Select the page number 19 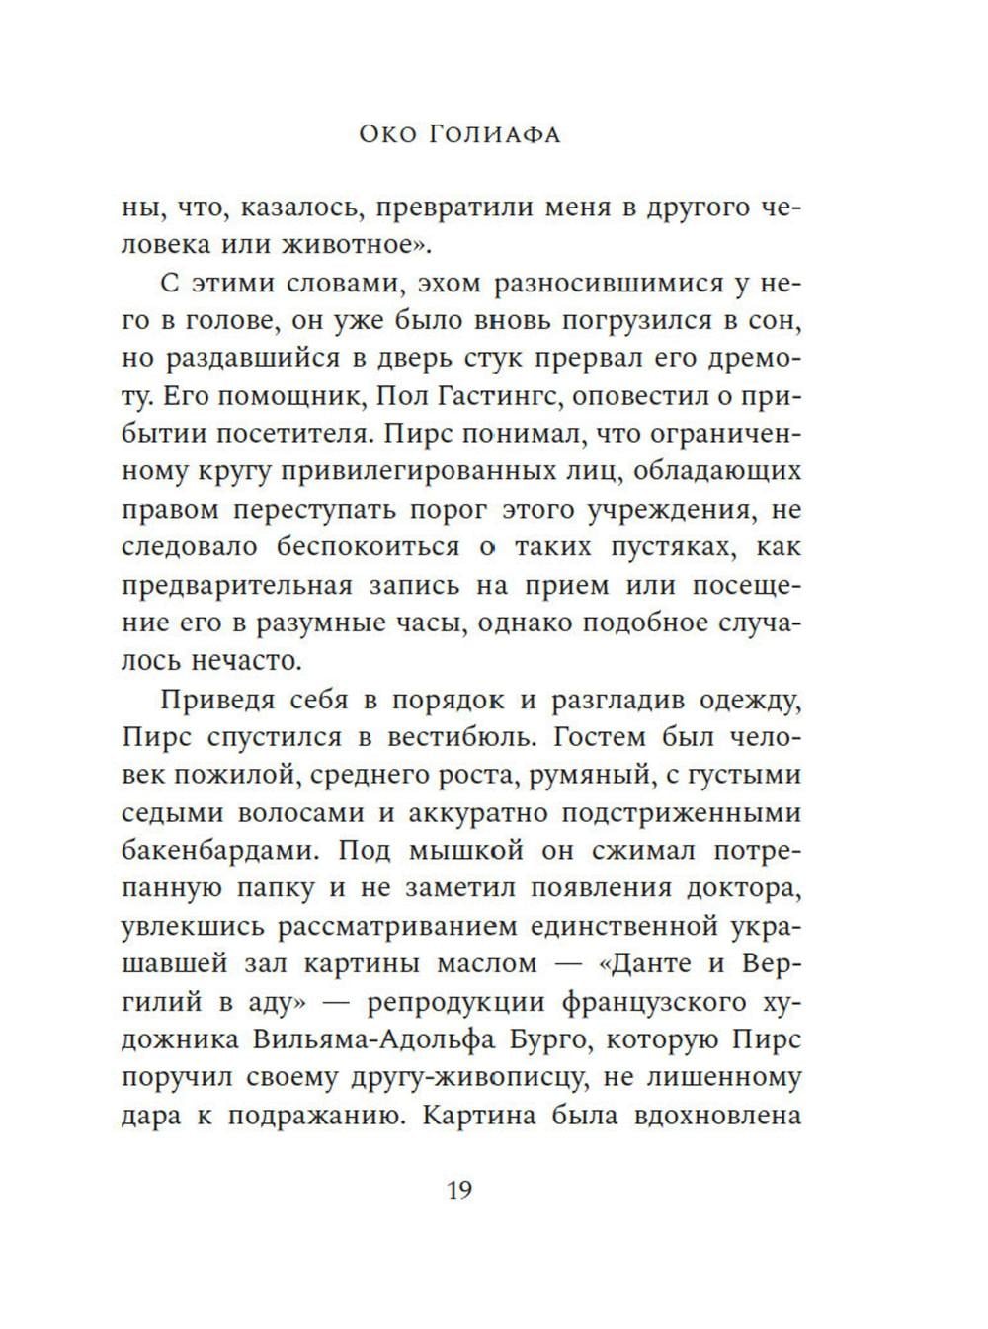[460, 1189]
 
